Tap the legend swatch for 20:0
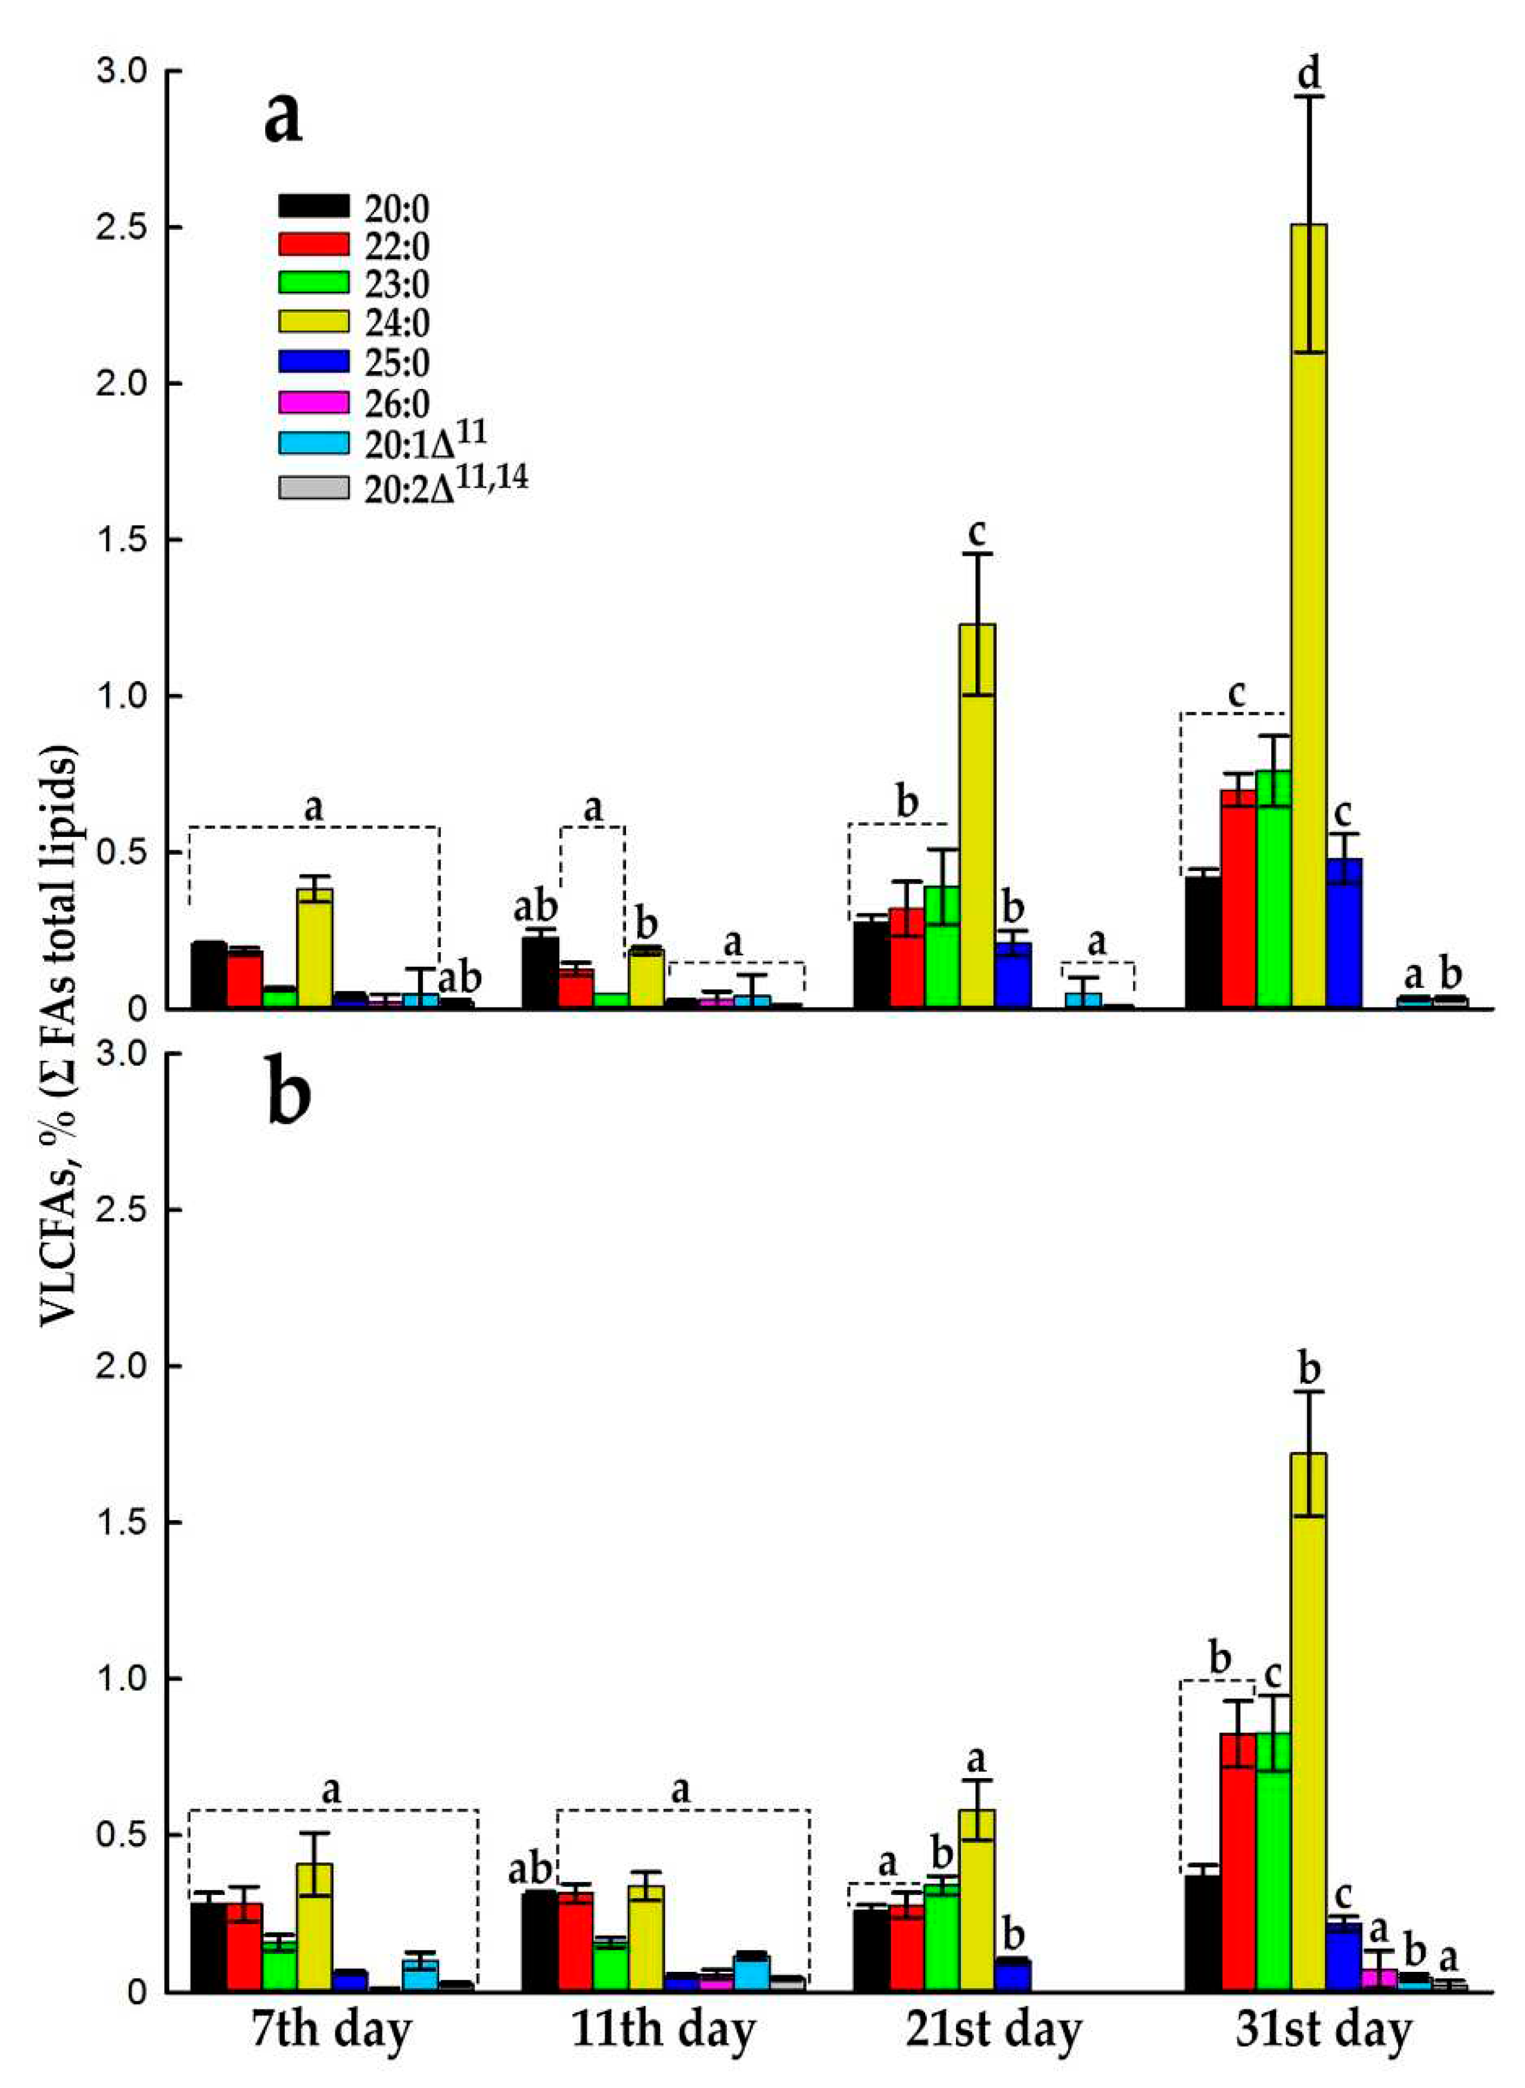314,205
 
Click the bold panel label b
289,1096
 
